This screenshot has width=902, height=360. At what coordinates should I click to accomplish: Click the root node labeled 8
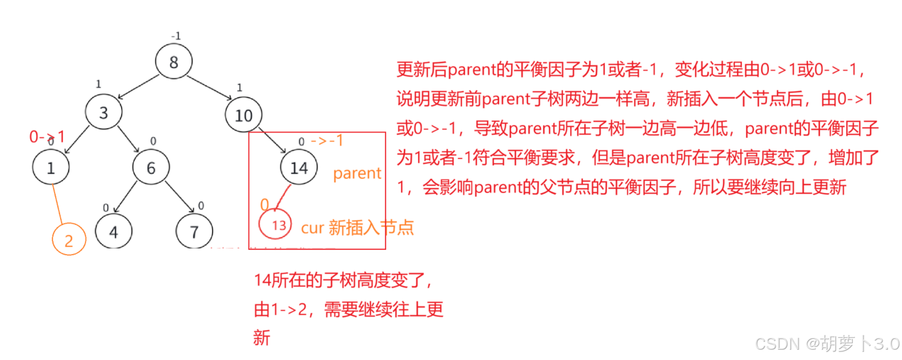point(174,62)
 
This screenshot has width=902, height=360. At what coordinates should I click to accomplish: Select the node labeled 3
point(103,112)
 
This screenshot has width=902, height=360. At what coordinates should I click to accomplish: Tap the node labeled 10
point(243,115)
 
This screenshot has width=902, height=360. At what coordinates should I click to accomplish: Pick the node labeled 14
point(299,168)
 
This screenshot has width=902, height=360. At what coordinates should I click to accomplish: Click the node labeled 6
point(151,168)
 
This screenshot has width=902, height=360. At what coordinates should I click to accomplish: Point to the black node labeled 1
point(51,168)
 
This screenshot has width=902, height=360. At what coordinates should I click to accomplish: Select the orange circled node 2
point(69,240)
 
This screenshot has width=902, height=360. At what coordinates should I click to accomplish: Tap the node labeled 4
point(114,232)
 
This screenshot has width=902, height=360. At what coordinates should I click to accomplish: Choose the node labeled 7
point(194,232)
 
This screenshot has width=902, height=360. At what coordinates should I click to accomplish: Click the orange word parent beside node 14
point(357,174)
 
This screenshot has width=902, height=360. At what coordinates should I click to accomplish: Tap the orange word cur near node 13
point(312,228)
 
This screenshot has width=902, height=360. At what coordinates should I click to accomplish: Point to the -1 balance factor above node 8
point(176,36)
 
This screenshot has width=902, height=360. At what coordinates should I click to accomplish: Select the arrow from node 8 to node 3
point(138,87)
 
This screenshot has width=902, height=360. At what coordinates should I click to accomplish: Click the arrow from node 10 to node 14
point(272,141)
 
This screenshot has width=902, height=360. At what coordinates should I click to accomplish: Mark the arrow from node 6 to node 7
point(180,197)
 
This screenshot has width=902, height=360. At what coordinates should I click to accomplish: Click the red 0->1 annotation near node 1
point(47,137)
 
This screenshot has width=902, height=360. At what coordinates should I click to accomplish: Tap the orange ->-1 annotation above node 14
point(327,141)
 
